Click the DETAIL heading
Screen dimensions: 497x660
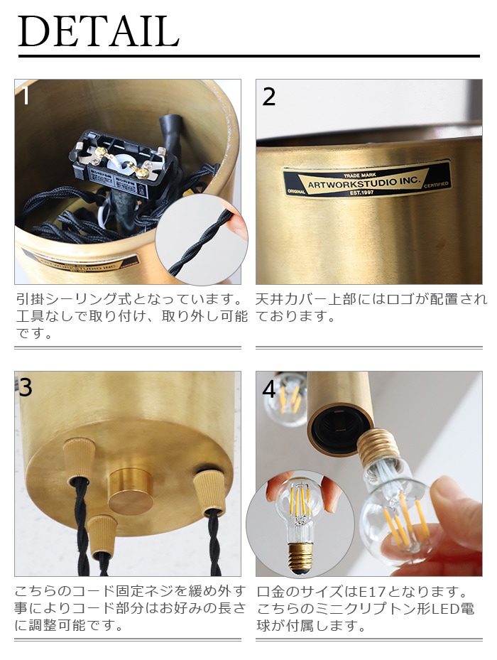pyautogui.click(x=99, y=31)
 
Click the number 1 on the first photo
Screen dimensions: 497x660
pyautogui.click(x=26, y=95)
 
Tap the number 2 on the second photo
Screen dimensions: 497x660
pyautogui.click(x=268, y=97)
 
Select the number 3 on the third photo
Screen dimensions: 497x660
pyautogui.click(x=26, y=387)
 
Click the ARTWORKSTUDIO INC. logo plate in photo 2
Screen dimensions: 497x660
pyautogui.click(x=366, y=182)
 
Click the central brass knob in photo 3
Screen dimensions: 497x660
pyautogui.click(x=131, y=492)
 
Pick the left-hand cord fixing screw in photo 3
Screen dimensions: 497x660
pyautogui.click(x=76, y=459)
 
